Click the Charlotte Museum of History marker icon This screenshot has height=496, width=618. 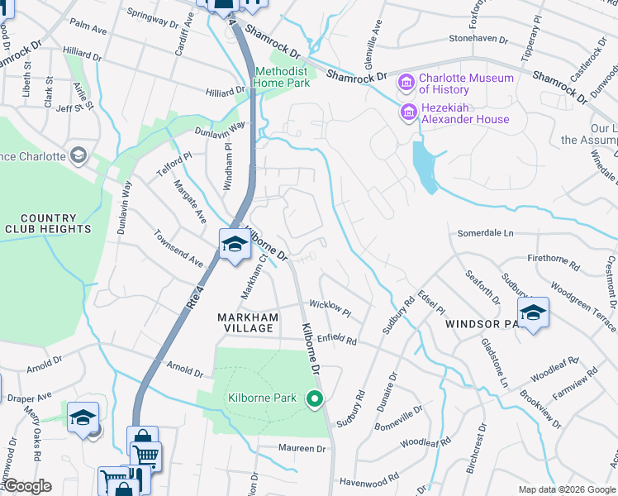(406, 83)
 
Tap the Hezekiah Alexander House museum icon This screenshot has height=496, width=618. (408, 112)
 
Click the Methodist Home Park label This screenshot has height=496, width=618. (282, 78)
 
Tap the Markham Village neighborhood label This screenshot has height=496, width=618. (245, 322)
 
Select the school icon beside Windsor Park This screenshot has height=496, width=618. (534, 312)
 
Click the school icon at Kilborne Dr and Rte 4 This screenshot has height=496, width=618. (235, 244)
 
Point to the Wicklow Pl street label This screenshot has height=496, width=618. (330, 309)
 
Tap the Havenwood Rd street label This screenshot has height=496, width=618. (368, 477)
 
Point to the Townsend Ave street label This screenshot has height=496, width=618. (178, 248)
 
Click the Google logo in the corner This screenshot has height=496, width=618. (27, 486)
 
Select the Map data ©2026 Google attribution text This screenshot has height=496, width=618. (567, 489)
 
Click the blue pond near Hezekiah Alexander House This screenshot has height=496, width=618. (425, 167)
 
